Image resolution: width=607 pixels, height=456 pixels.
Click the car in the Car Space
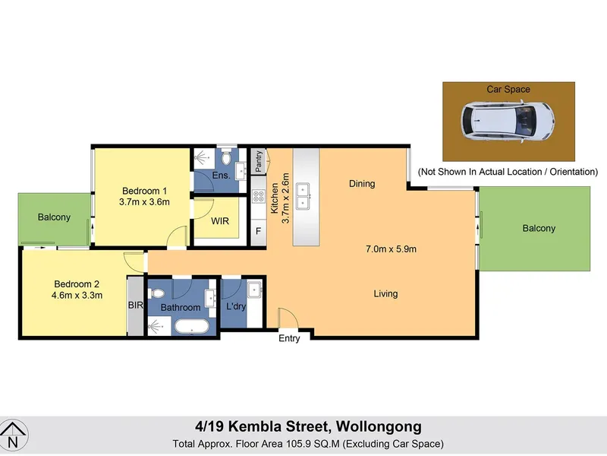[x=508, y=121]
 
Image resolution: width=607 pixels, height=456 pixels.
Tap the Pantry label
[x=259, y=161]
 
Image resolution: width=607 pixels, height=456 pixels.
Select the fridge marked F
[x=258, y=231]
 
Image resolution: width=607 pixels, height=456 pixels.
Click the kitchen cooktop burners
[x=258, y=196]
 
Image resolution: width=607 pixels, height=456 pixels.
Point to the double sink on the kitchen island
[x=303, y=196]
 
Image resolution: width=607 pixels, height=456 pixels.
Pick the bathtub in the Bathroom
[x=192, y=327]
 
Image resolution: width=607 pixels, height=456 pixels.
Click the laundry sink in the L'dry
[x=254, y=290]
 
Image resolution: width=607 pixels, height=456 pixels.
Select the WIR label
[x=220, y=221]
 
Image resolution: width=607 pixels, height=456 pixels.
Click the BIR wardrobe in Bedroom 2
[x=136, y=306]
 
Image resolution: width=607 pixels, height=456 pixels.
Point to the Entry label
[x=289, y=338]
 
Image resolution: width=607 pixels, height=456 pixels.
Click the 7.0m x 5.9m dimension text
[x=391, y=249]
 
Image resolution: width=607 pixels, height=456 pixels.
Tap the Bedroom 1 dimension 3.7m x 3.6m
[x=144, y=202]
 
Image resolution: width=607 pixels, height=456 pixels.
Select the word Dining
[x=362, y=184]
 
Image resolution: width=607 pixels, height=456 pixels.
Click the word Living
[x=385, y=294]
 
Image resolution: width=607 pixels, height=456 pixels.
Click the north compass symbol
[x=13, y=435]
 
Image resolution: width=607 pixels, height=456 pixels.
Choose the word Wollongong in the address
[x=379, y=427]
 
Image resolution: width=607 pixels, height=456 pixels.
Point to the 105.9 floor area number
[x=298, y=444]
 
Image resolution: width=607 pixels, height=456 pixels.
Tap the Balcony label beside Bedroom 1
[x=54, y=217]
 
